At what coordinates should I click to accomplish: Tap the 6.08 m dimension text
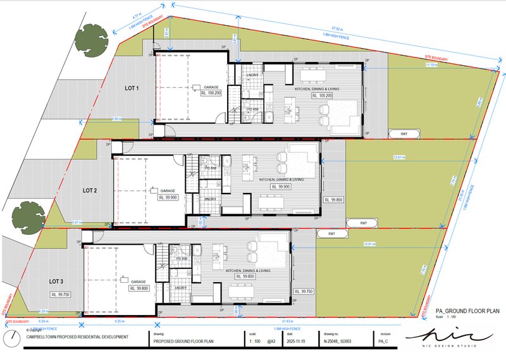point(116,118)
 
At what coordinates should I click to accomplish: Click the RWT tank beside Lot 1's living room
point(403,133)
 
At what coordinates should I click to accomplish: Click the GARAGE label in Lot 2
point(168,190)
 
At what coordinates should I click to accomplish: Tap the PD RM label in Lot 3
point(182,259)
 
